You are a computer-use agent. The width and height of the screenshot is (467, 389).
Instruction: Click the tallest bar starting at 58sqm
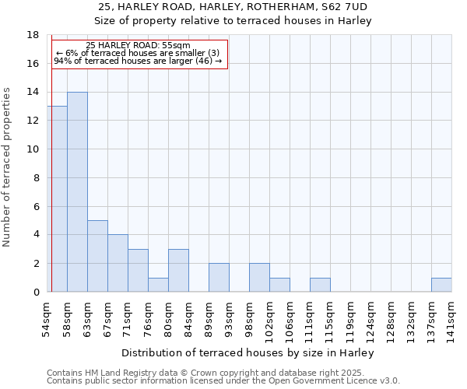point(77,192)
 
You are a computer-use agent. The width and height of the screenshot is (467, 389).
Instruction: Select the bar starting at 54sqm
point(58,199)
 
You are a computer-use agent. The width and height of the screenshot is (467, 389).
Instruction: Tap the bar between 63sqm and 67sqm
point(97,256)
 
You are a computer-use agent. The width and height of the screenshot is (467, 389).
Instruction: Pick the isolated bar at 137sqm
point(441,285)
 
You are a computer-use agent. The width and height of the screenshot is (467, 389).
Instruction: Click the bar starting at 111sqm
point(320,285)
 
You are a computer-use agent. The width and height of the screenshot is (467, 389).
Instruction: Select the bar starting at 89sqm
point(219,278)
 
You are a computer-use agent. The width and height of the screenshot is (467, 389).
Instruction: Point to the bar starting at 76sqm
point(158,285)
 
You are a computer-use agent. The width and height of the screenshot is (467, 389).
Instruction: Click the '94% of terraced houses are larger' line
point(138,61)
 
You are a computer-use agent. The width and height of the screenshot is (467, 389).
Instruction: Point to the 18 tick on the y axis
point(33,35)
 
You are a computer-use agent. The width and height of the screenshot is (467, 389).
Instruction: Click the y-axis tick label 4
point(36,235)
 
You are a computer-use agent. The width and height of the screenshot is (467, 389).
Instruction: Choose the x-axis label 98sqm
point(249,317)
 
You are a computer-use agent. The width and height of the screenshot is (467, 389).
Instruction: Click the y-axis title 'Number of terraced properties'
point(8,166)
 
